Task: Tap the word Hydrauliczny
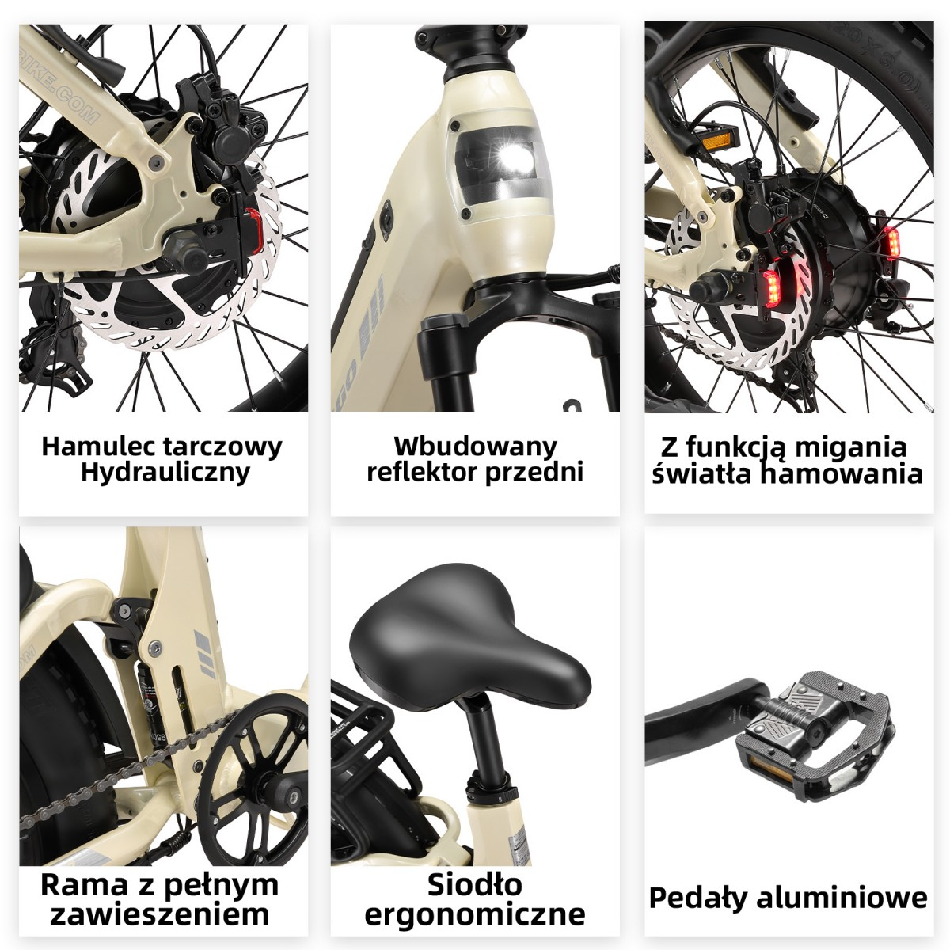click(x=165, y=473)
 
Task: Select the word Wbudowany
click(x=475, y=447)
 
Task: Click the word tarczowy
click(x=222, y=447)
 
